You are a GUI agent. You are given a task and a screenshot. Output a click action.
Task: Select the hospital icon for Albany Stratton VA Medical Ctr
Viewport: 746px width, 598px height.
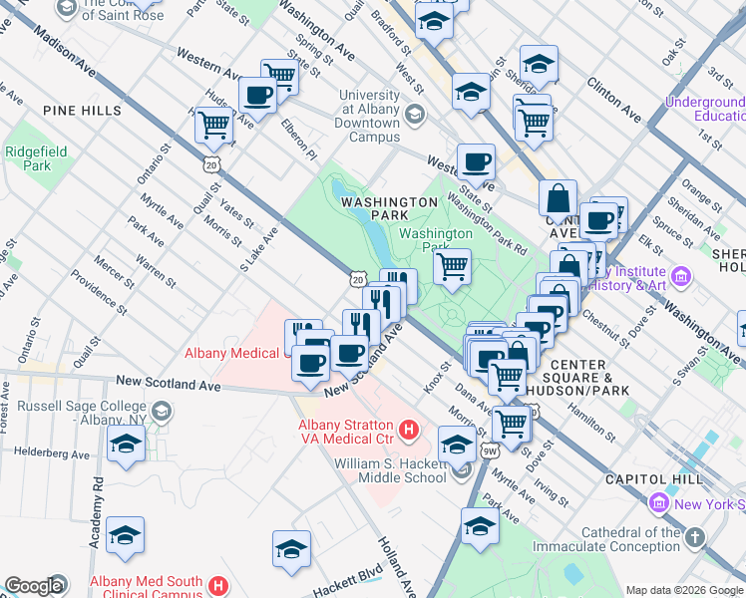407,431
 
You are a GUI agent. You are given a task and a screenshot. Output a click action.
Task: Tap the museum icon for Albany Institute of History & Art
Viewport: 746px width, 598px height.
681,276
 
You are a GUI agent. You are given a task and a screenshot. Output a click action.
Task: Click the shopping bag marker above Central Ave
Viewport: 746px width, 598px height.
559,197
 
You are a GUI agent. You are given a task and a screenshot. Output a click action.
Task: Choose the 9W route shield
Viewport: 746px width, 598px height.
490,451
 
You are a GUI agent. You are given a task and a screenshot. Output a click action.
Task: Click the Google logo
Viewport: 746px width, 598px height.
33,586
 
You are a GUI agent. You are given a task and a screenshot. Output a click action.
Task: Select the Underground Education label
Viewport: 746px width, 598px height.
704,109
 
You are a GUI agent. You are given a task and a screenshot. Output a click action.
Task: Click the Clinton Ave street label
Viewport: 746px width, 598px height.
614,100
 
